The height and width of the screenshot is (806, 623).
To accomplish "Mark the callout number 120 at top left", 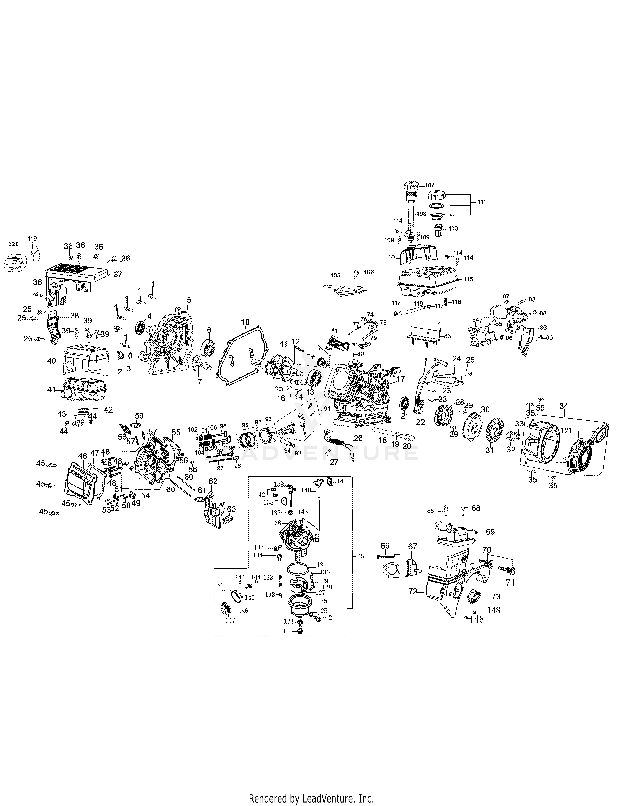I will (13, 244).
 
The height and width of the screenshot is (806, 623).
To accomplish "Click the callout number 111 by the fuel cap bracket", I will (482, 202).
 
